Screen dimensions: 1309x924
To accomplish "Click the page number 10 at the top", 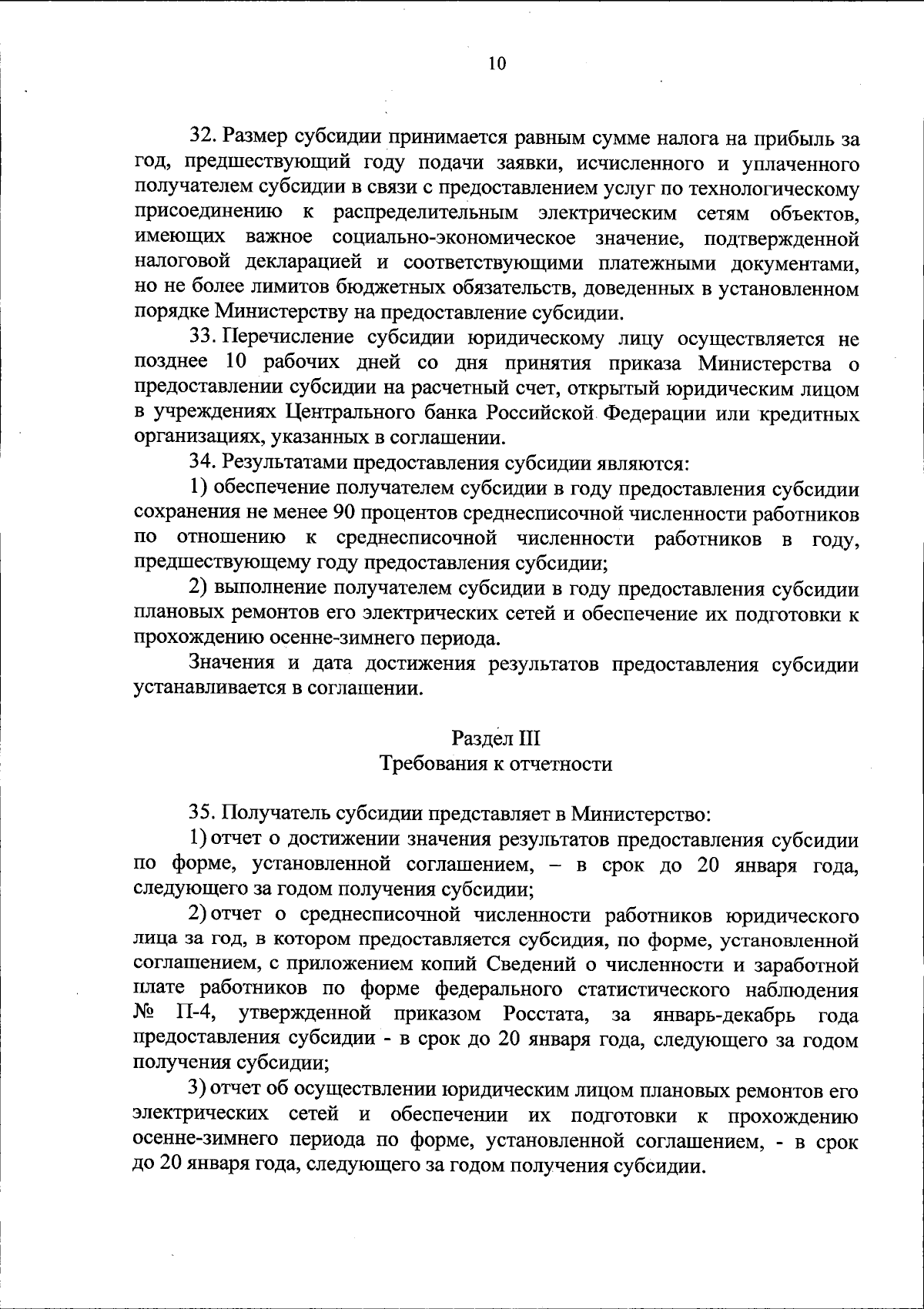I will click(497, 64).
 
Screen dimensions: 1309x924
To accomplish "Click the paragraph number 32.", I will click(202, 139).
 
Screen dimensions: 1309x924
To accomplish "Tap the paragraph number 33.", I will click(202, 337).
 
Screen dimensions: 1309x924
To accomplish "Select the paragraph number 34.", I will click(202, 463).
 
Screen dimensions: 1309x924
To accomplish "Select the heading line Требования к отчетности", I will click(497, 764).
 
